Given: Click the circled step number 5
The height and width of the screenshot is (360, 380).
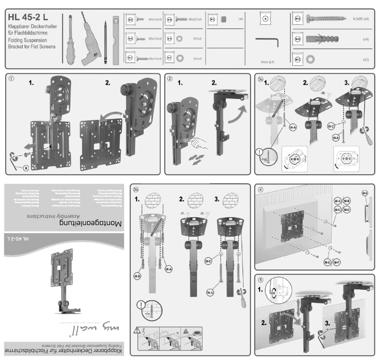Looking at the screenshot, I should (x=259, y=279).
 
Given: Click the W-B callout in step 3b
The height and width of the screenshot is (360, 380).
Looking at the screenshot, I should (x=137, y=275).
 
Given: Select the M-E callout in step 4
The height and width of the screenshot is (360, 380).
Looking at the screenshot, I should (x=326, y=261).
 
